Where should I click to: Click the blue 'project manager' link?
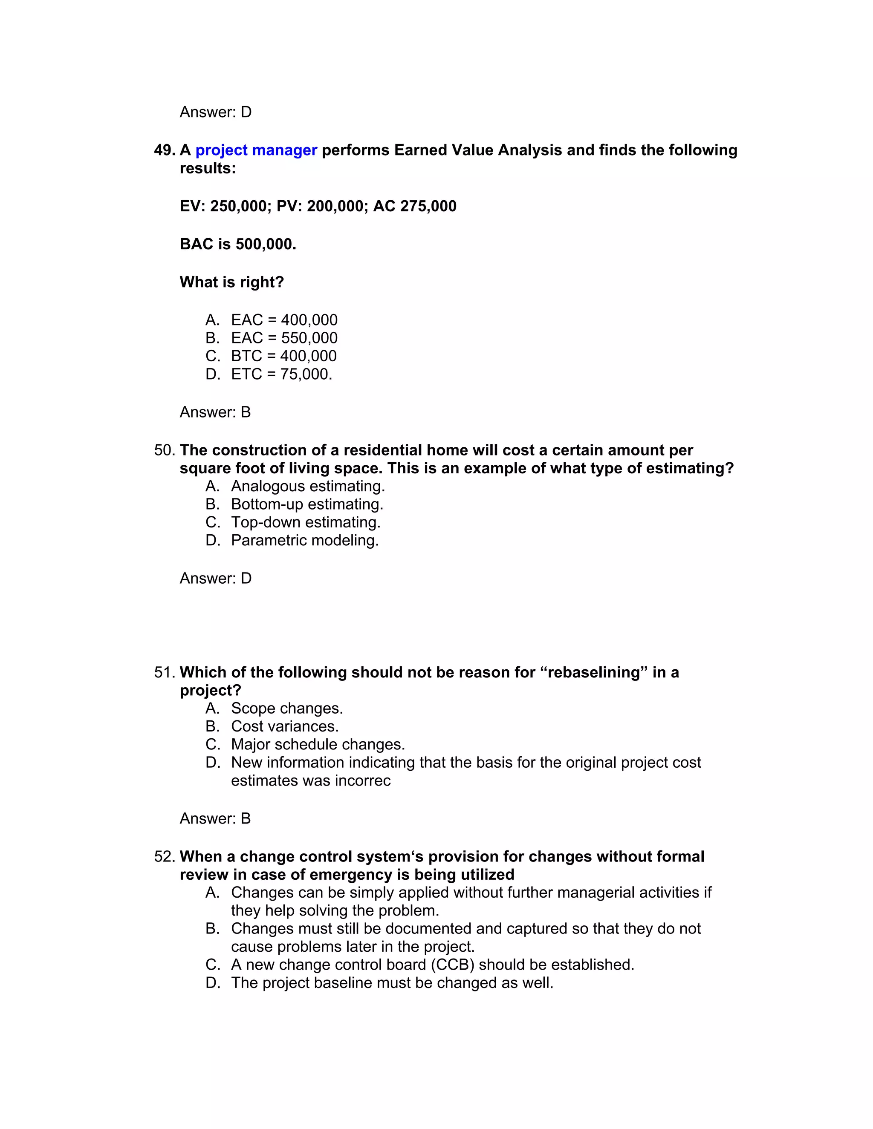click(256, 150)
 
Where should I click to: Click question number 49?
click(165, 150)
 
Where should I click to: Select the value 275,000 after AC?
click(428, 206)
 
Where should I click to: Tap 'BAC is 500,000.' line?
click(238, 244)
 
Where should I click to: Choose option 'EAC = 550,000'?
click(284, 338)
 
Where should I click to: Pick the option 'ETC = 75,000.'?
click(281, 374)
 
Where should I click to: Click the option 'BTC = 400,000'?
click(283, 356)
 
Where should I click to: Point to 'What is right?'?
click(232, 282)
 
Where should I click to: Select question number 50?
click(165, 450)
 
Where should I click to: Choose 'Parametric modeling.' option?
click(305, 541)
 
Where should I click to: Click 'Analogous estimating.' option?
click(308, 487)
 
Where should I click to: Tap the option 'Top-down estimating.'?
click(306, 523)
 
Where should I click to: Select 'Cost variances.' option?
click(284, 727)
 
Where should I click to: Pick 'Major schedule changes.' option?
click(318, 745)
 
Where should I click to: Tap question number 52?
click(165, 857)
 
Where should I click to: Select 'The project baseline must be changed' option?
click(392, 983)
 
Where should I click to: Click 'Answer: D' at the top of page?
click(216, 112)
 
